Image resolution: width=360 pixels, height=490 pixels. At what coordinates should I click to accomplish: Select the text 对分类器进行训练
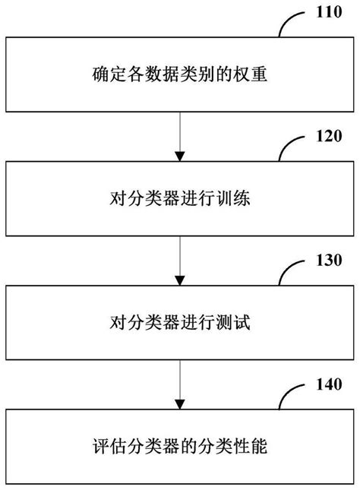click(x=180, y=201)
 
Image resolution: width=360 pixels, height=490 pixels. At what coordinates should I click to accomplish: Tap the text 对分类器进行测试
click(x=180, y=324)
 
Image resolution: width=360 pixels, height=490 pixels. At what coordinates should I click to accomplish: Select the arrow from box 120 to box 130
click(x=180, y=261)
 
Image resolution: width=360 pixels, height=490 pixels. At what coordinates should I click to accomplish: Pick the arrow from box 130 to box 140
click(x=180, y=384)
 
